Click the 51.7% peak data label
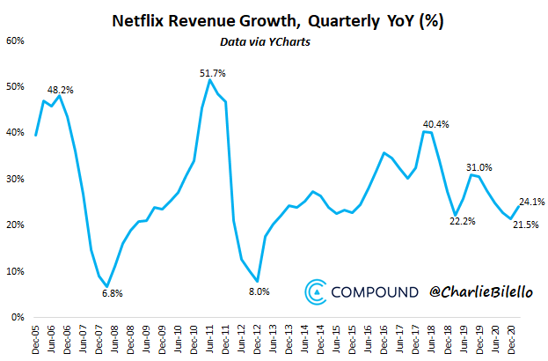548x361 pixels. coord(214,71)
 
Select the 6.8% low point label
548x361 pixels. coord(106,293)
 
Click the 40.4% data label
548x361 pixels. coord(437,124)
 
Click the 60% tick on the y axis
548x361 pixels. coord(15,40)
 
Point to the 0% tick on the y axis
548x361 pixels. coord(18,317)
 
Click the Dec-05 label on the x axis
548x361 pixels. coord(35,339)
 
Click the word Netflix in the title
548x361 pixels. coord(141,20)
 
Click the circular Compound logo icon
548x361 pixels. coord(317,291)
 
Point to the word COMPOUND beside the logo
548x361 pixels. coord(374,291)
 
